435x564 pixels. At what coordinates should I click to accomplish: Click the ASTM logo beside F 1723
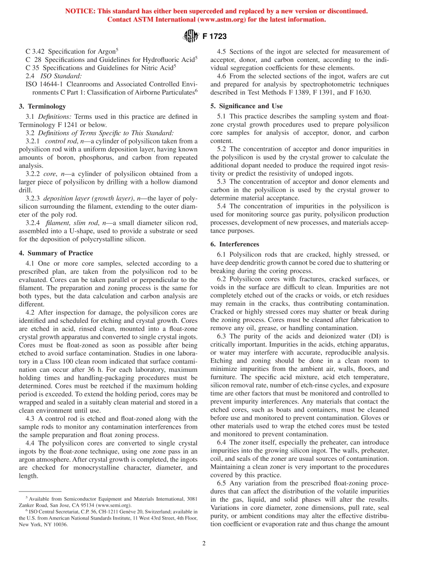point(190,35)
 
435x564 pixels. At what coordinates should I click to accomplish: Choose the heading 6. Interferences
point(234,244)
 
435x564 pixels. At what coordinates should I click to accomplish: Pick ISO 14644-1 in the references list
point(45,84)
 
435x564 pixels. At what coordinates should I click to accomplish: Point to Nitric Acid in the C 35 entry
point(154,68)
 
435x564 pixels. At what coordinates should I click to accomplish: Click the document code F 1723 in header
point(214,36)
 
